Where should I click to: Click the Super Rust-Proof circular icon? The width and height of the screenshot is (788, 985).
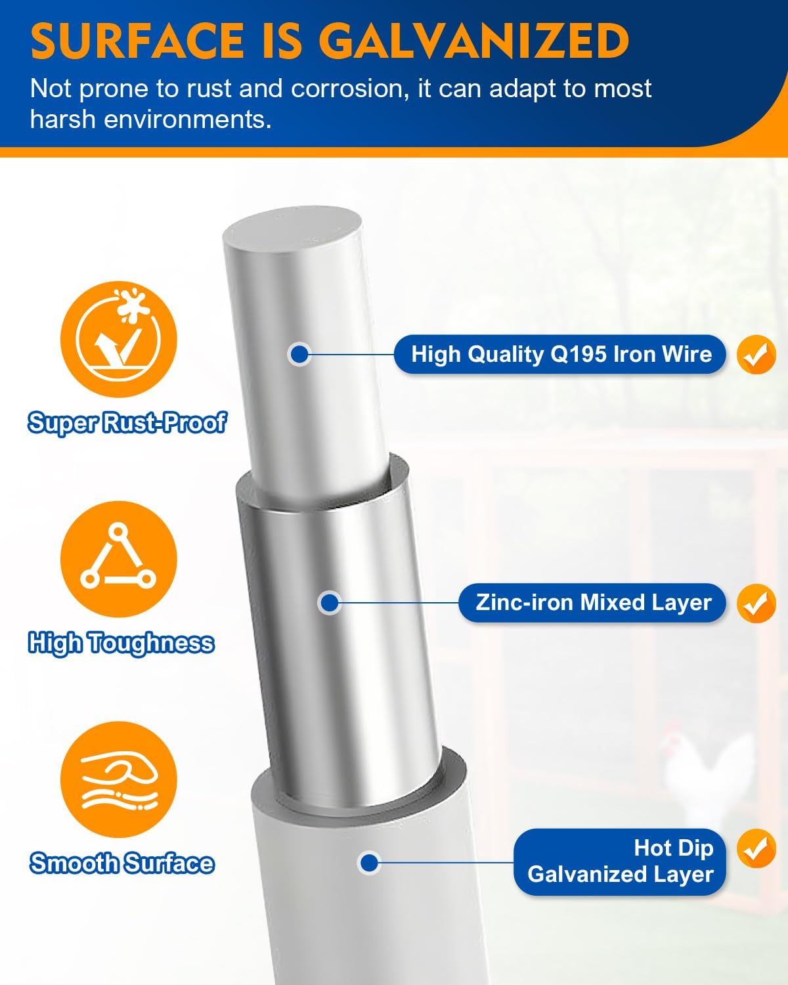click(x=119, y=339)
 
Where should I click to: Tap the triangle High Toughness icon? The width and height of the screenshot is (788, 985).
click(x=119, y=559)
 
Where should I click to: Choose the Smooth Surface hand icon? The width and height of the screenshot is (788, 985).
click(x=119, y=779)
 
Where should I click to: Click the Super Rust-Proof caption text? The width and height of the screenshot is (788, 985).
click(x=127, y=422)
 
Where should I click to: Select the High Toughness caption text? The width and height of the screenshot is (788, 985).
click(x=121, y=643)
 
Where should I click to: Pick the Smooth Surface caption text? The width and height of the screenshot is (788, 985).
click(x=121, y=864)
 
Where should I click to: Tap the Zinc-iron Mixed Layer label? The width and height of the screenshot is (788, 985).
click(x=592, y=603)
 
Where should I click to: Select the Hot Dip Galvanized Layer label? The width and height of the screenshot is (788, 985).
click(x=620, y=862)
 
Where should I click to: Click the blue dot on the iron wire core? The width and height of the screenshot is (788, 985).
click(x=299, y=354)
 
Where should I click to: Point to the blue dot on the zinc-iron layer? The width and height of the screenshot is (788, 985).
click(x=329, y=603)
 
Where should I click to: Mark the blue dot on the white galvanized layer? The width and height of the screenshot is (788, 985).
click(x=369, y=864)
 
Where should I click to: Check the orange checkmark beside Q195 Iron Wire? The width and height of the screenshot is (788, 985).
click(x=756, y=355)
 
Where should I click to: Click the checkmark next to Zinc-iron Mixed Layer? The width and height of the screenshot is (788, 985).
click(x=756, y=603)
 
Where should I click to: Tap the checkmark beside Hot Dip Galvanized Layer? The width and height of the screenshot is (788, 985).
click(x=756, y=848)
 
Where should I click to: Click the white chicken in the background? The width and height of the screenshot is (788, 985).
click(x=707, y=774)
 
